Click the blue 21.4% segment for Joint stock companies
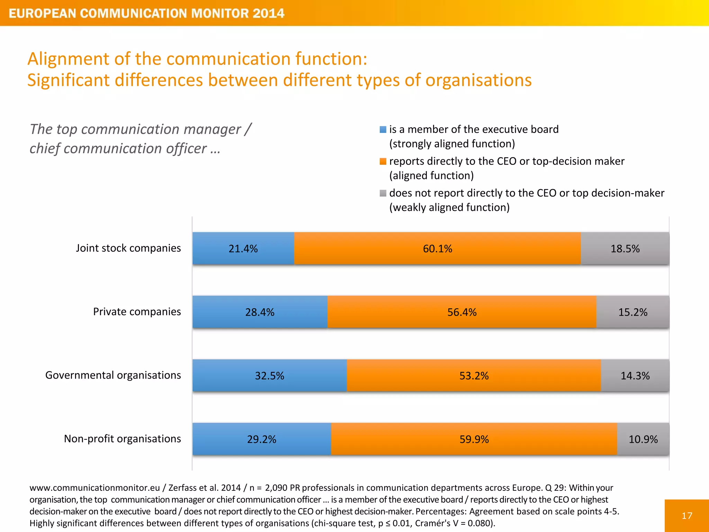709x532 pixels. click(x=243, y=248)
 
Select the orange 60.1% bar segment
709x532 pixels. click(x=437, y=248)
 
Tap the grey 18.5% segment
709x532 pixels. click(x=625, y=248)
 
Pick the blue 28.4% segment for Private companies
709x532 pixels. click(x=260, y=312)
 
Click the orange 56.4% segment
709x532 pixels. click(x=462, y=312)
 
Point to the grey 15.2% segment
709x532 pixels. click(x=633, y=312)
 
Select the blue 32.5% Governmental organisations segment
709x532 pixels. click(x=269, y=375)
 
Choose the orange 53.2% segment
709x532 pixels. click(x=474, y=375)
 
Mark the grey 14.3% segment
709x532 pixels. click(x=635, y=375)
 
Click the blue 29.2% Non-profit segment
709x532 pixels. click(x=261, y=439)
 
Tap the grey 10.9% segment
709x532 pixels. click(x=643, y=439)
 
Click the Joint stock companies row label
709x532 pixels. click(x=128, y=248)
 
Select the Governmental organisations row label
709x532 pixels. click(x=113, y=375)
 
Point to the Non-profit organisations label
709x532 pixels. click(x=122, y=438)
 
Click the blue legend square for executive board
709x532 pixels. click(x=383, y=130)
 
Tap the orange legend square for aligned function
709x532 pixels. click(x=383, y=161)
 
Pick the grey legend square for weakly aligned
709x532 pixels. click(x=383, y=193)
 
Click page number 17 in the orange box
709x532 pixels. click(x=687, y=516)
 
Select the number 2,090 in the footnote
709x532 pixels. click(x=276, y=488)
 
